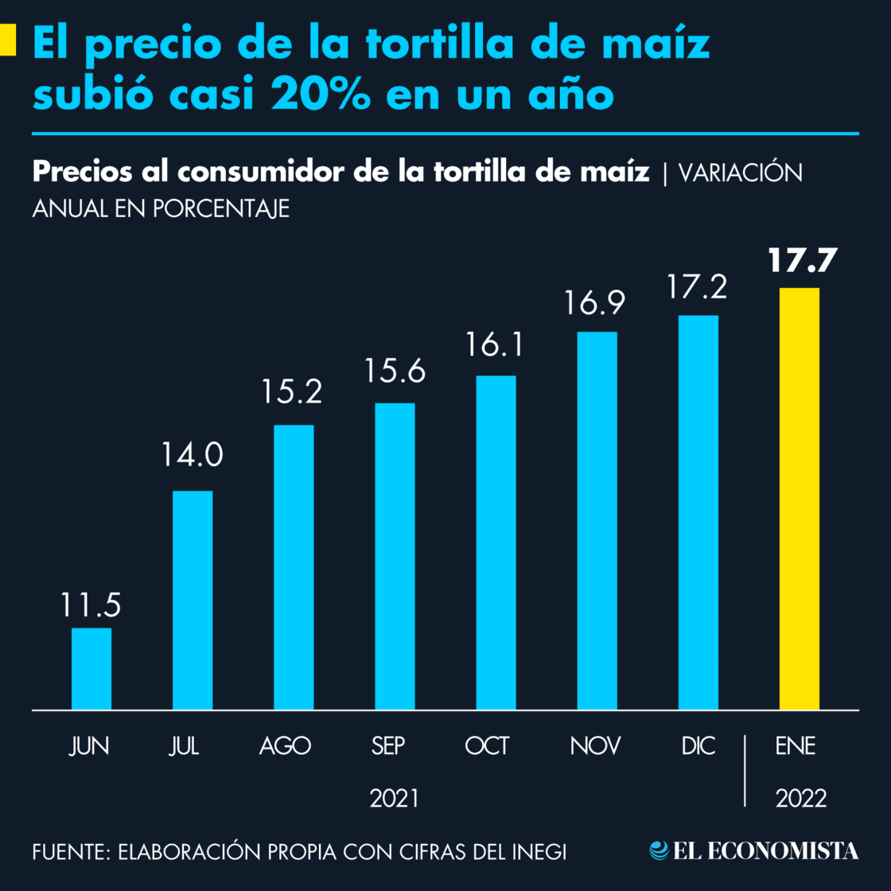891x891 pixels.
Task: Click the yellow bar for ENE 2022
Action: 799,498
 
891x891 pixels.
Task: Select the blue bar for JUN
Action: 91,668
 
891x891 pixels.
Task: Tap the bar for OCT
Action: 496,542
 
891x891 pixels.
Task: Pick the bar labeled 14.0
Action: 193,600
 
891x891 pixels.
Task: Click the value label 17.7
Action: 802,261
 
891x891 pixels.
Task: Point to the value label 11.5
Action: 91,605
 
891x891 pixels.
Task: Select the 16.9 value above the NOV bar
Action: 595,303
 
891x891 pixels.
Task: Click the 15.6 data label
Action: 395,371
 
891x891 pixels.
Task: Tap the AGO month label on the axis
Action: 285,746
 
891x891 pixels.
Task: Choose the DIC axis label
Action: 698,746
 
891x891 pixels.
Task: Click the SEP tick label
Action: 388,746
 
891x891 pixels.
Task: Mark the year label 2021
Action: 394,798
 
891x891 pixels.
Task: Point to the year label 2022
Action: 800,798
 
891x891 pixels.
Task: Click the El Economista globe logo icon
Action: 659,850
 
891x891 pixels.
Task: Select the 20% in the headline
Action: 321,95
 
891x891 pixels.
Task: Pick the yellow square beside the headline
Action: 8,40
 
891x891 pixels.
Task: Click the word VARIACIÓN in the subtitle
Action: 740,173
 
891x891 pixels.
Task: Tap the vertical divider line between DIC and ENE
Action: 745,770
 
